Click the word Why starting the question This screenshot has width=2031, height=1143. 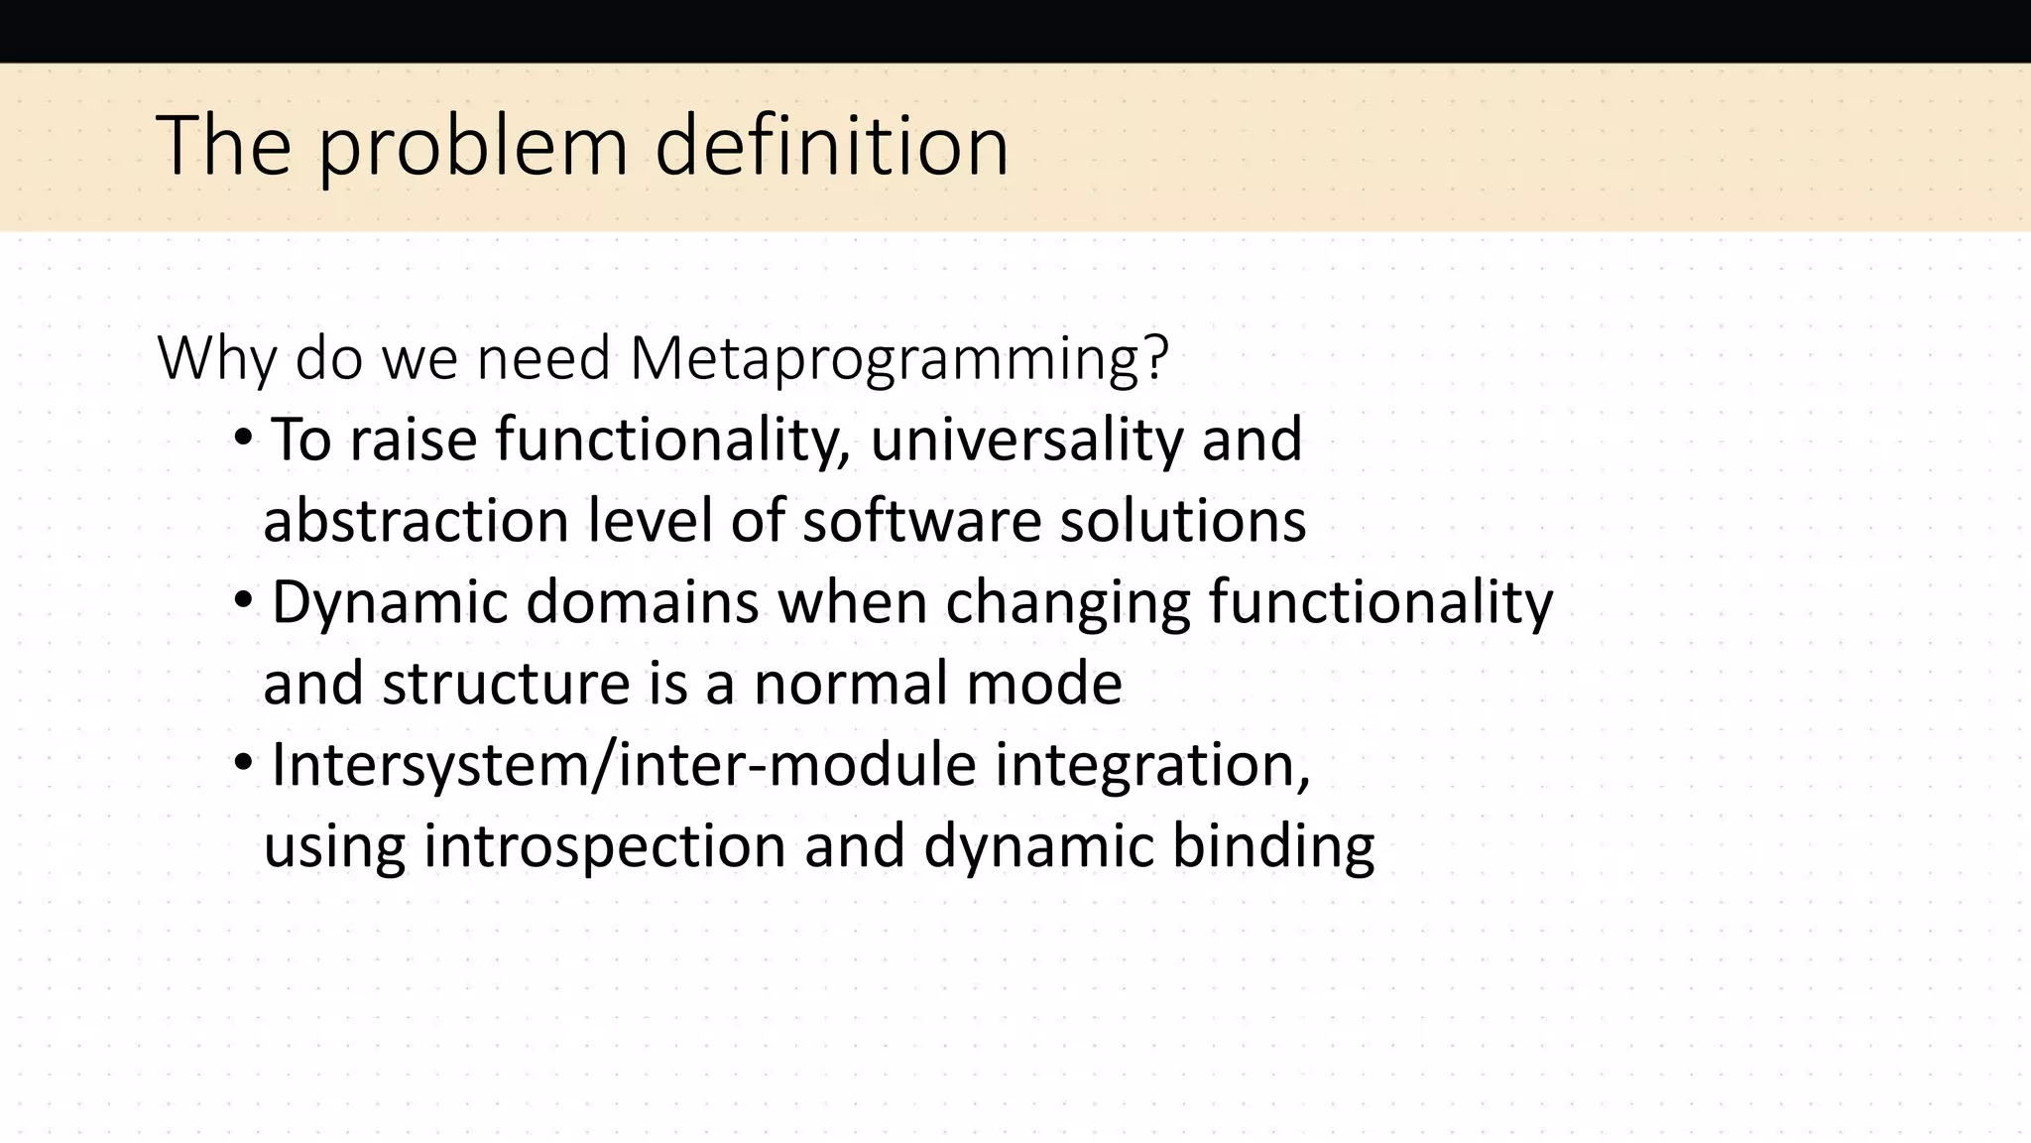click(x=216, y=359)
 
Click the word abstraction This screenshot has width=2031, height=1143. click(x=417, y=521)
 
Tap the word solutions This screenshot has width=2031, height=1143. click(x=1182, y=521)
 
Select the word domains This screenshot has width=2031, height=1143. click(x=643, y=602)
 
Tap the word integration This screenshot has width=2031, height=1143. click(x=1152, y=765)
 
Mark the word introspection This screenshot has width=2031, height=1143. click(x=604, y=846)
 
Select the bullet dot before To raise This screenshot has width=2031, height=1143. click(x=244, y=437)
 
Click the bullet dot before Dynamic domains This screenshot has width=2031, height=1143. click(x=244, y=599)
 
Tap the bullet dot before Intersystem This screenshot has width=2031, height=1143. click(x=244, y=762)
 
